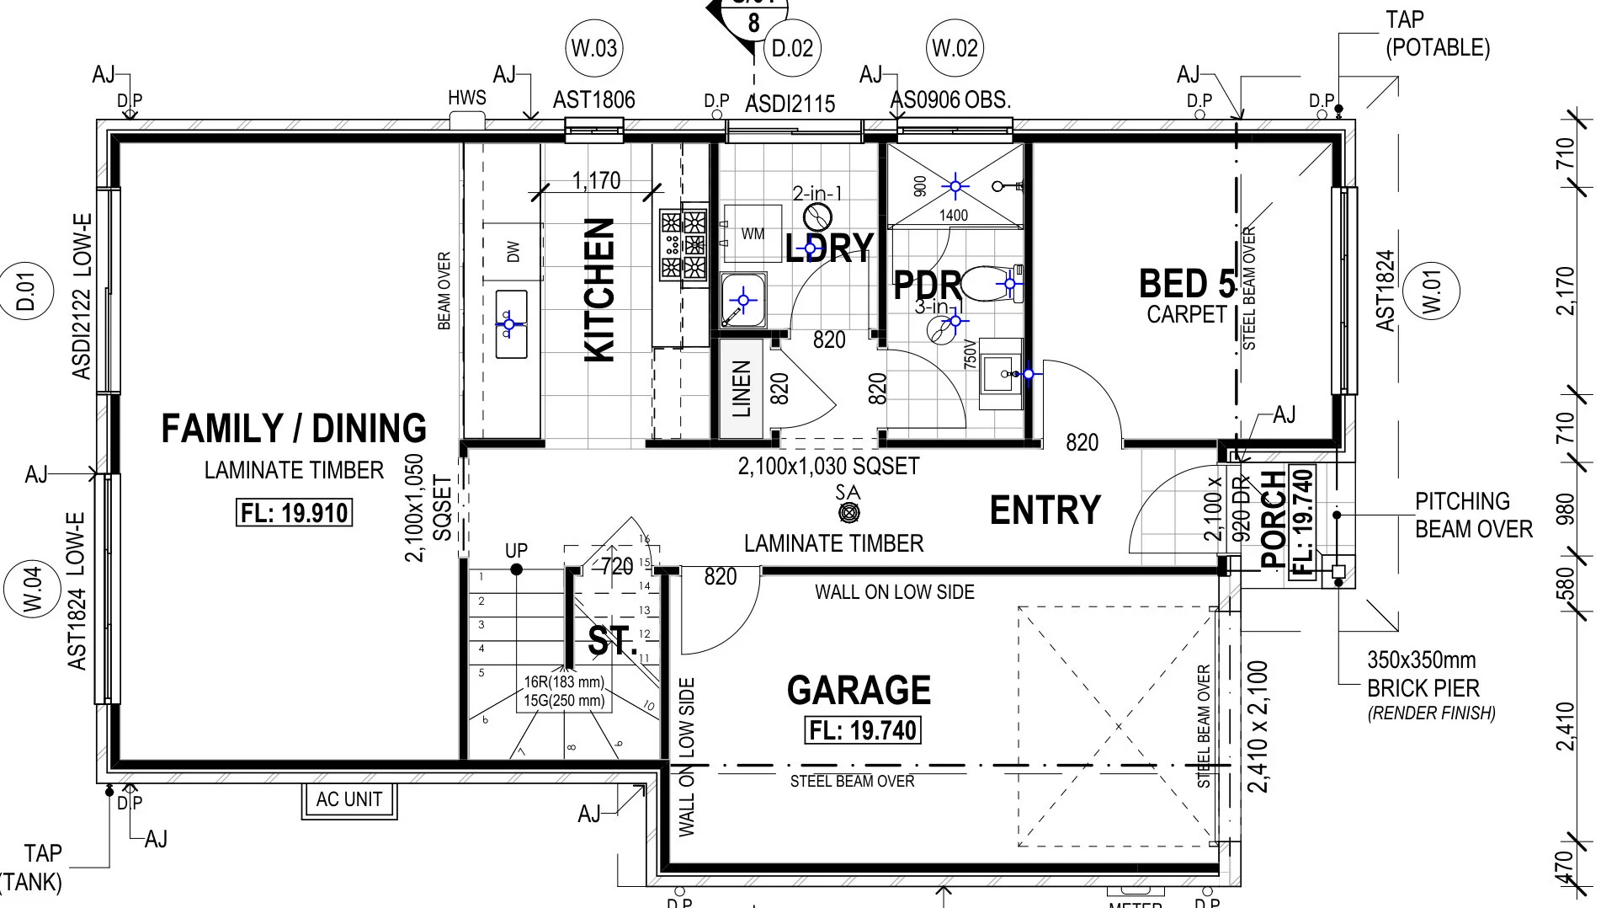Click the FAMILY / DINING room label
[294, 429]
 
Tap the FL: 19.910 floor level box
[294, 513]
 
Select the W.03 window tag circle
[593, 48]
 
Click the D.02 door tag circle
[792, 48]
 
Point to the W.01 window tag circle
[1432, 290]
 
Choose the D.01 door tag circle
[26, 290]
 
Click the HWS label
[466, 99]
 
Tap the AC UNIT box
[349, 799]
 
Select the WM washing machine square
[753, 233]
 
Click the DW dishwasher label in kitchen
[513, 251]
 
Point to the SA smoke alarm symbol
[848, 512]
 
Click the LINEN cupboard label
[741, 388]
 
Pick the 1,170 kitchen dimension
[596, 180]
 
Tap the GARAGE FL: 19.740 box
[863, 729]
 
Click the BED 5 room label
[1187, 285]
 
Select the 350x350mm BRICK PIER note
[1423, 674]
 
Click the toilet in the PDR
[989, 284]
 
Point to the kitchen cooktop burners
[683, 245]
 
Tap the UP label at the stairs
[516, 550]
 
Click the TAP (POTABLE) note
[1437, 34]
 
